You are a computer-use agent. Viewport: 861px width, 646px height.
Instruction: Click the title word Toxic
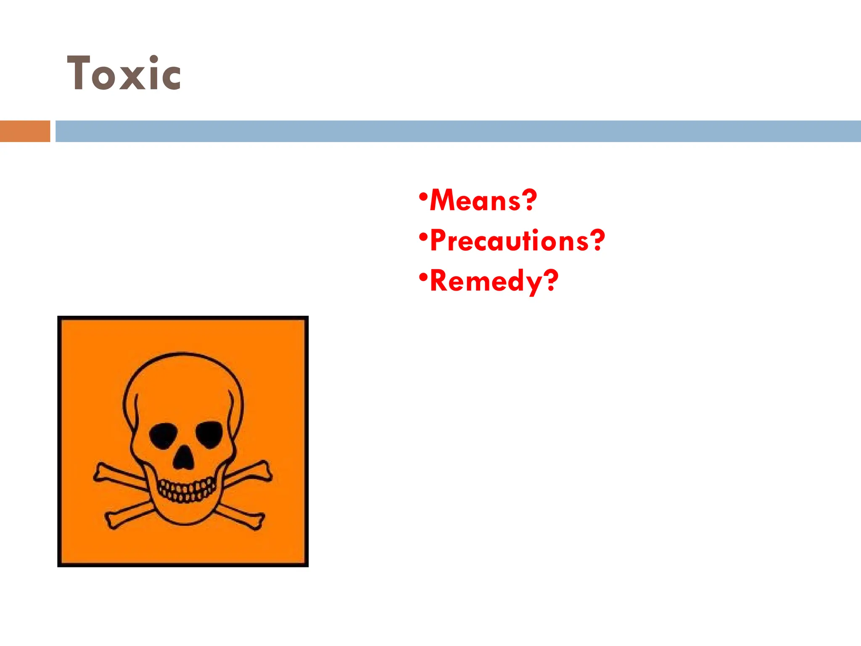[x=124, y=74]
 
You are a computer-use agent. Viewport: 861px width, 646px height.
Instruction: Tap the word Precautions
[x=509, y=241]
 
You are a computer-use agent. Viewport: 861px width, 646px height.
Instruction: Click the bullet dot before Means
[x=423, y=196]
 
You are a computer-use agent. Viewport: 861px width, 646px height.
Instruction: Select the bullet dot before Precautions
[x=423, y=237]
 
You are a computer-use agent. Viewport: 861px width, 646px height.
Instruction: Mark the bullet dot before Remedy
[x=423, y=277]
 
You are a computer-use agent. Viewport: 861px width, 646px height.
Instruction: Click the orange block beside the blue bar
[x=25, y=131]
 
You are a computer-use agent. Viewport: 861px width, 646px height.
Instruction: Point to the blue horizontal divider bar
[x=458, y=131]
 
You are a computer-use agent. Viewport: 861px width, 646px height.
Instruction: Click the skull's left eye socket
[x=163, y=436]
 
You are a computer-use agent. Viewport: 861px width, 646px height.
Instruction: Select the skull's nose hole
[x=184, y=459]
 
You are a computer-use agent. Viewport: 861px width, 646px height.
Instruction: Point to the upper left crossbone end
[x=101, y=472]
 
